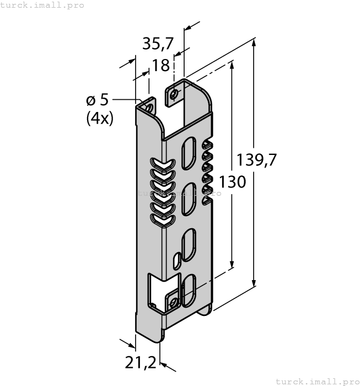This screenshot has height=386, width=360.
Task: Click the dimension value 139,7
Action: tap(257, 160)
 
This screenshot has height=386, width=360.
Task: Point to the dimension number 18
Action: tap(160, 66)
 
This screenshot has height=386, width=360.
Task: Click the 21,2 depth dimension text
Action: tap(140, 362)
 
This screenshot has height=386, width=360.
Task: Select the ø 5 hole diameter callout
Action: tap(97, 100)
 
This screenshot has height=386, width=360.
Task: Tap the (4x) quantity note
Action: tap(100, 118)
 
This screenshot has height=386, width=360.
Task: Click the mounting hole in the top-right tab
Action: tap(175, 94)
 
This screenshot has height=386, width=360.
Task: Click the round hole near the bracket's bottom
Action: tap(174, 302)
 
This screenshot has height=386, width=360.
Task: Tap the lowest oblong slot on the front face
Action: tap(188, 289)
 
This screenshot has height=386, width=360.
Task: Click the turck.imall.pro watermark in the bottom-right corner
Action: tap(317, 381)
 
